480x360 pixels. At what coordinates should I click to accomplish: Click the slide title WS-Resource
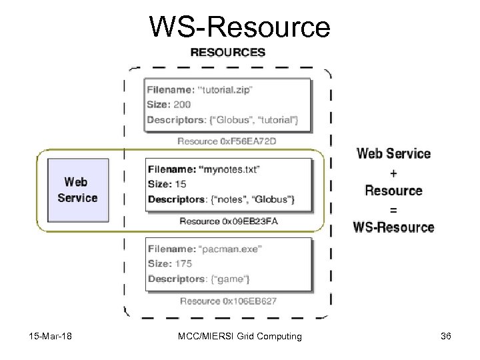(x=239, y=27)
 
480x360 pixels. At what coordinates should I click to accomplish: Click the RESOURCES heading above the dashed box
(x=228, y=52)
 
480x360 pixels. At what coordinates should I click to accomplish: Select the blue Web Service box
(x=77, y=189)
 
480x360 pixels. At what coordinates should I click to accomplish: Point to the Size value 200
(x=181, y=105)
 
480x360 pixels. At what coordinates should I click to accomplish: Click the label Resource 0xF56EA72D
(x=227, y=141)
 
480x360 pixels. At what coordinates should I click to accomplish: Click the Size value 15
(x=181, y=185)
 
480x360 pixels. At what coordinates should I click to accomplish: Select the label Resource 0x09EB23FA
(x=228, y=221)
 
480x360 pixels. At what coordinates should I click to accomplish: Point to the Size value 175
(x=183, y=263)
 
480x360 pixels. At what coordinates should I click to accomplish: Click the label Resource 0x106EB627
(x=228, y=301)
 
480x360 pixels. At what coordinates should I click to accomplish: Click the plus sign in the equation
(x=393, y=173)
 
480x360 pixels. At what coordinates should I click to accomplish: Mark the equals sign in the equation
(x=393, y=209)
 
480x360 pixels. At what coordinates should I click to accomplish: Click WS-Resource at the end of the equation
(x=393, y=227)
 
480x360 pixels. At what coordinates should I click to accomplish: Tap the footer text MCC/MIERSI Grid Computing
(x=239, y=336)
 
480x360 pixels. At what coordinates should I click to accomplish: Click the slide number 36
(x=446, y=336)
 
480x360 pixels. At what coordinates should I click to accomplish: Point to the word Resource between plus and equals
(x=393, y=191)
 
